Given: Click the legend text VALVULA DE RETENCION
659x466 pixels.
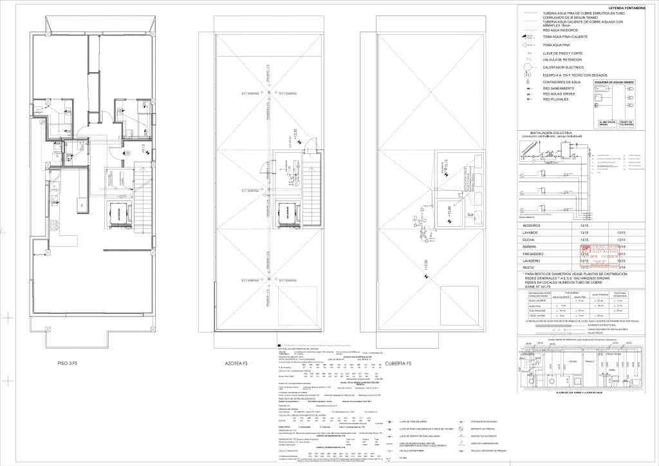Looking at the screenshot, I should (564, 59).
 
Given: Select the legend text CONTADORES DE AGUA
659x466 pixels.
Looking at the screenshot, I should (562, 82).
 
